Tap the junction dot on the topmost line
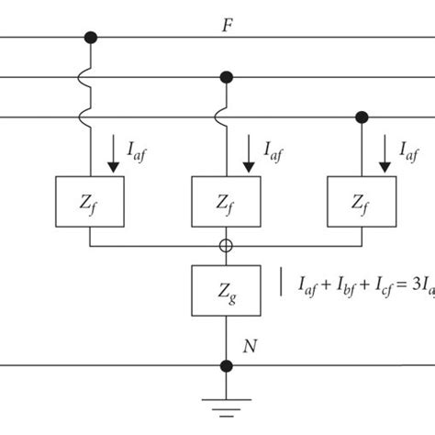point(90,38)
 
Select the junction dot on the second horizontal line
point(226,77)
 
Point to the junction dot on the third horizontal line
point(360,117)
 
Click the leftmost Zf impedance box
point(90,201)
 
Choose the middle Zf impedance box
point(226,201)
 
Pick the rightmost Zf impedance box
point(360,201)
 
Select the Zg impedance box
point(226,291)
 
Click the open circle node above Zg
point(226,246)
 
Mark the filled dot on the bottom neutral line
point(226,365)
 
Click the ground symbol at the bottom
point(226,405)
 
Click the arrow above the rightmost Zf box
point(382,150)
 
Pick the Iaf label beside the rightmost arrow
point(409,150)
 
